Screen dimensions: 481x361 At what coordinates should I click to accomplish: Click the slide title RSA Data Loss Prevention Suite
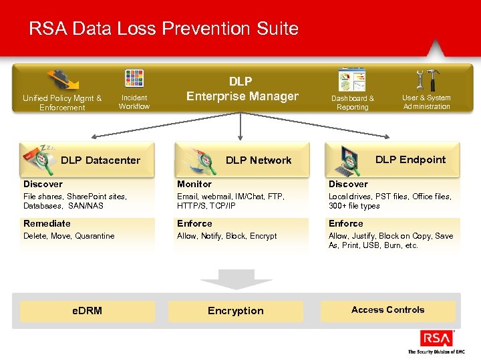164,29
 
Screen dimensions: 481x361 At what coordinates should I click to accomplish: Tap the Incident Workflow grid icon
134,78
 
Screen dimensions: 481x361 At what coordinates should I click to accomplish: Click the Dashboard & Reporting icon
352,81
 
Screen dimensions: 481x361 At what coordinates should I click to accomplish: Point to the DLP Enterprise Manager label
241,89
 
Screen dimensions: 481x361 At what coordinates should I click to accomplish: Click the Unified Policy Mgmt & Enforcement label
62,102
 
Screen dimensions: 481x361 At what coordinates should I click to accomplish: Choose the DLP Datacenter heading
100,160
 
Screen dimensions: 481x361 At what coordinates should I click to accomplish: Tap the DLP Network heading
259,160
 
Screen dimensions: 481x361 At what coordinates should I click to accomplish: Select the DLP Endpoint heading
410,159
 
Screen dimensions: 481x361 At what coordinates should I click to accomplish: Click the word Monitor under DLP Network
194,184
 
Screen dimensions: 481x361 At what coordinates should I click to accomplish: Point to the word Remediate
47,223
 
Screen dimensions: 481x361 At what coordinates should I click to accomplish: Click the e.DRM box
88,311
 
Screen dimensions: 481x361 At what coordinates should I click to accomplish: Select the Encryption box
236,311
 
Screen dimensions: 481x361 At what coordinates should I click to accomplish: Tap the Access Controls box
388,310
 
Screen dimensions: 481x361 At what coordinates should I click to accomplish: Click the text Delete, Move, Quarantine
69,236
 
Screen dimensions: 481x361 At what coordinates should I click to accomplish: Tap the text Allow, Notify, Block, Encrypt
226,236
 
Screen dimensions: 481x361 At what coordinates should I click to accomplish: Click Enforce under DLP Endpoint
345,223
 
